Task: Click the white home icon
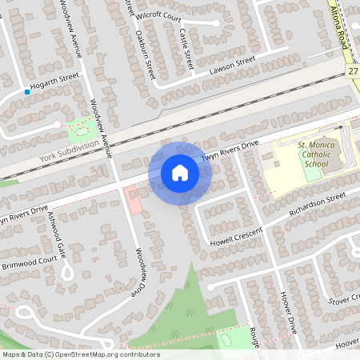point(180,173)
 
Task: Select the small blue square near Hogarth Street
point(27,92)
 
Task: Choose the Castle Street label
point(186,49)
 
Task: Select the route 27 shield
point(354,72)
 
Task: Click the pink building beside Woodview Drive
point(135,202)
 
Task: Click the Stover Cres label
point(345,302)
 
